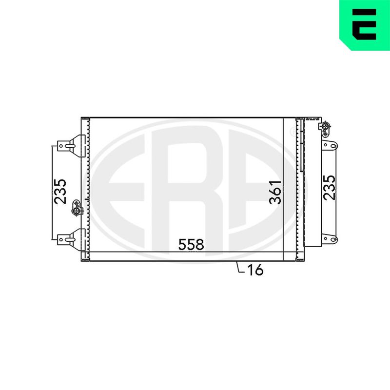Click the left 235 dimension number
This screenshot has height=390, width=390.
click(x=60, y=192)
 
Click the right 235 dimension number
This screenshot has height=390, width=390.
click(x=330, y=188)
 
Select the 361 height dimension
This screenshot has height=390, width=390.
click(x=275, y=192)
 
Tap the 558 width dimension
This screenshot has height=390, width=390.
click(x=191, y=245)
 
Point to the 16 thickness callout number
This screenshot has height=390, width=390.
click(x=255, y=270)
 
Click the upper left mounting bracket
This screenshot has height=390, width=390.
click(x=71, y=146)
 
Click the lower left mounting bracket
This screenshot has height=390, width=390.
click(x=71, y=239)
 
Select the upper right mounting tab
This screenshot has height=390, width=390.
click(x=330, y=145)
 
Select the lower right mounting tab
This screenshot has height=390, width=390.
click(x=330, y=239)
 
